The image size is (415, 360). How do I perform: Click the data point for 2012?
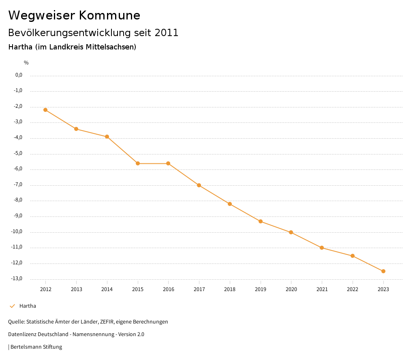click(x=45, y=110)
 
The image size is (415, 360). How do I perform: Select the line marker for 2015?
click(x=138, y=163)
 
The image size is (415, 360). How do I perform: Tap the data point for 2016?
click(x=168, y=163)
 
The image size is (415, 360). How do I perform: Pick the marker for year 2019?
click(x=261, y=221)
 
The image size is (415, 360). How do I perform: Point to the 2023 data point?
click(x=383, y=271)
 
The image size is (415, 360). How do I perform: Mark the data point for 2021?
click(x=322, y=248)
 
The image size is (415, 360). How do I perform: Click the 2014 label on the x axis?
click(x=107, y=289)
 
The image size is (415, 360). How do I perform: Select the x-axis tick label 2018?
click(x=230, y=289)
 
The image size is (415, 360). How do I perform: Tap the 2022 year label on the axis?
click(x=353, y=289)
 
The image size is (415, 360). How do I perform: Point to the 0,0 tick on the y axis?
click(x=19, y=75)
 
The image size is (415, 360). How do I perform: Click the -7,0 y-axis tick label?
click(x=18, y=184)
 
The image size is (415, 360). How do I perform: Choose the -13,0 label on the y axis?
click(x=17, y=279)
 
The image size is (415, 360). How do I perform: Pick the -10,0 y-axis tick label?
click(x=17, y=231)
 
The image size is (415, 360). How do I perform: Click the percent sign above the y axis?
click(x=26, y=63)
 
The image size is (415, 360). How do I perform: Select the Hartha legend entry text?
click(x=28, y=306)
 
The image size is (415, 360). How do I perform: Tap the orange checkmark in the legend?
click(x=12, y=306)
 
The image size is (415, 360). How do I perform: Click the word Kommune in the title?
click(x=109, y=15)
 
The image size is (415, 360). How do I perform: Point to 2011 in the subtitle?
click(x=166, y=33)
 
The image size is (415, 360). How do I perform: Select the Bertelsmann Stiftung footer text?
click(x=36, y=347)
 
